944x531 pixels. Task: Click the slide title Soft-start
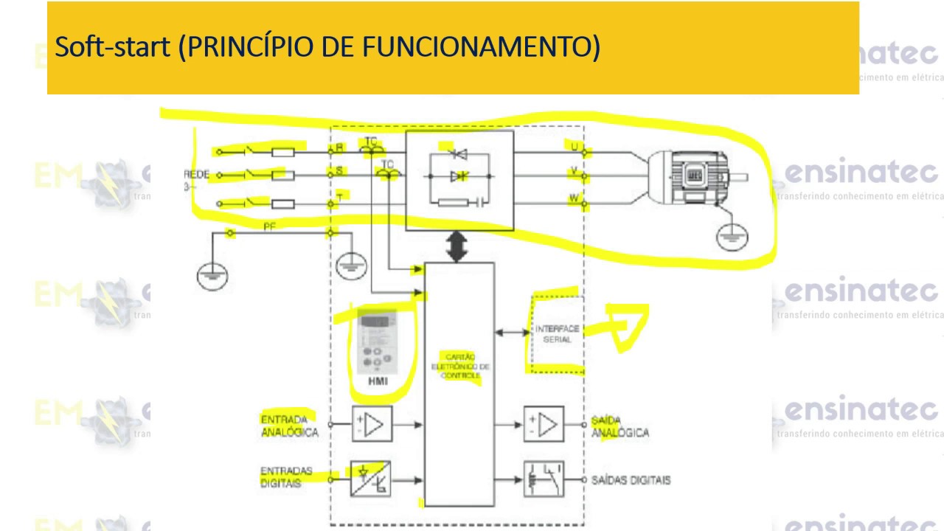click(x=327, y=47)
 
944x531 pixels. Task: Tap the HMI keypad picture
click(x=377, y=342)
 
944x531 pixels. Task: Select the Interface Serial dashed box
click(x=557, y=333)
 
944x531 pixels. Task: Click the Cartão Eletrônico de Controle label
click(x=460, y=367)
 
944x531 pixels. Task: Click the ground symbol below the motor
click(x=732, y=237)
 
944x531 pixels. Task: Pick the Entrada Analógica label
click(x=289, y=426)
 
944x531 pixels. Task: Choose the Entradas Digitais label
click(x=286, y=477)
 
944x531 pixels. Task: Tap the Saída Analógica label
click(x=619, y=426)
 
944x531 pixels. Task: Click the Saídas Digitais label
click(x=631, y=480)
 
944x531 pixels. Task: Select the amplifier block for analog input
click(x=372, y=425)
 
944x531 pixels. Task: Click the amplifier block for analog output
click(x=544, y=425)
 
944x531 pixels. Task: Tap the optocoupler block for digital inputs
click(x=370, y=479)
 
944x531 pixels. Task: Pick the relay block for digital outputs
click(x=544, y=479)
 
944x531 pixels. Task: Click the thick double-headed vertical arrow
click(x=458, y=246)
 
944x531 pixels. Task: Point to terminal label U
click(x=574, y=147)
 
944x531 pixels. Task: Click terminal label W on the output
click(x=573, y=198)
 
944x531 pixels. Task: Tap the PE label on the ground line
click(x=269, y=226)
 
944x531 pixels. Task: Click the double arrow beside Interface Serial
click(x=512, y=333)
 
